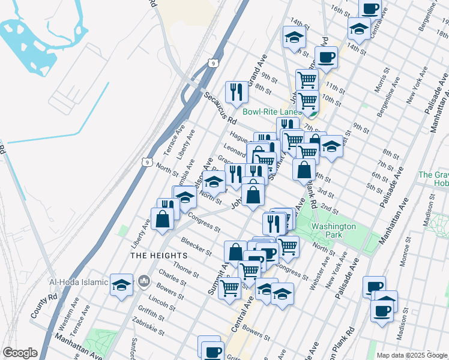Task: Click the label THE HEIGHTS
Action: (x=160, y=255)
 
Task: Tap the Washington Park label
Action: (x=334, y=230)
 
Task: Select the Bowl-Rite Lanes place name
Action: (x=272, y=112)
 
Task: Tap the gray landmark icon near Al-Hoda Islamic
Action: (x=144, y=281)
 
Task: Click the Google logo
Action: (x=20, y=353)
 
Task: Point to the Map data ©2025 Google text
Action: (x=412, y=355)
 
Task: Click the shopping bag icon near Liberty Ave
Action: (x=163, y=218)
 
